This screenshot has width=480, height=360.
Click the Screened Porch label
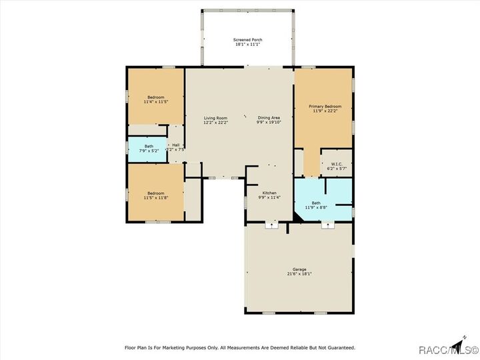[247, 40]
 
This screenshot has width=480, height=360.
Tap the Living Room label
[215, 118]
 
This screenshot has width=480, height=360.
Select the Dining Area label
[269, 118]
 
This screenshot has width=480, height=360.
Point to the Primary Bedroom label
[325, 107]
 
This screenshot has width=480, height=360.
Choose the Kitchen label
[269, 193]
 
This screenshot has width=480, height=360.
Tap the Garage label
[299, 269]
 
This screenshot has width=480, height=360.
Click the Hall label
[176, 145]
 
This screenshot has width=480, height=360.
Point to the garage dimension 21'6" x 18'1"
[299, 274]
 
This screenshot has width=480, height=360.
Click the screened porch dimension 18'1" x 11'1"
[247, 45]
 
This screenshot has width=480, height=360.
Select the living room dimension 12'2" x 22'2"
[215, 123]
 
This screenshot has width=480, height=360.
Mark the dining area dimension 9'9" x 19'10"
[269, 123]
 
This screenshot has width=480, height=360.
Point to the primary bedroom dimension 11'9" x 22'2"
[325, 111]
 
